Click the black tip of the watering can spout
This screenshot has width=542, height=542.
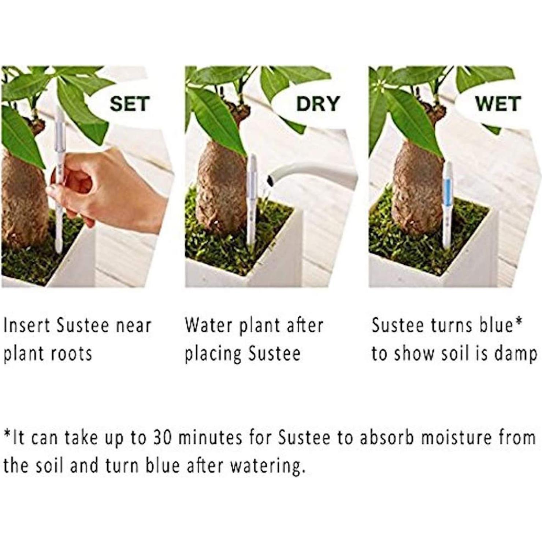(x=271, y=180)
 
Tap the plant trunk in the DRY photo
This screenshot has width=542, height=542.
(x=220, y=187)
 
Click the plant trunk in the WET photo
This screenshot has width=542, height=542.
(x=414, y=187)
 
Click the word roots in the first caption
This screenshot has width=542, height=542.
(x=71, y=354)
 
